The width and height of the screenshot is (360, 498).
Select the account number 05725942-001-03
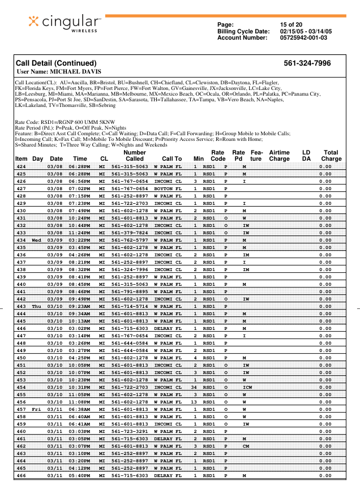304,38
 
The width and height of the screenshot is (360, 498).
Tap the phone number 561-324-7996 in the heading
307,63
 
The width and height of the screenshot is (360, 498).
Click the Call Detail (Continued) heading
56,63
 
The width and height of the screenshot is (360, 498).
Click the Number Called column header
134,156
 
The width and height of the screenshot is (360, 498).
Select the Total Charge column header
331,156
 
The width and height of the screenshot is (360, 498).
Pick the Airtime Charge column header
279,156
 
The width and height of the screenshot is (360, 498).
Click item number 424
22,167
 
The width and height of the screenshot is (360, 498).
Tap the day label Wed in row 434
37,240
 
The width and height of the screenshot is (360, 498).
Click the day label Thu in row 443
37,306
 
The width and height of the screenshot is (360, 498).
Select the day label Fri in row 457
37,409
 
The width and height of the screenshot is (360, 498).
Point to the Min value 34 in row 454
195,387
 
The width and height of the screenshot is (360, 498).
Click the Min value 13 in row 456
195,402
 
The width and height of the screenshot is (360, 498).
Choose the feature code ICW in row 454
245,387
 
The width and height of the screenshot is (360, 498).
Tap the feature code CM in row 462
245,446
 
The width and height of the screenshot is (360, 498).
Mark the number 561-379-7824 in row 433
130,233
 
